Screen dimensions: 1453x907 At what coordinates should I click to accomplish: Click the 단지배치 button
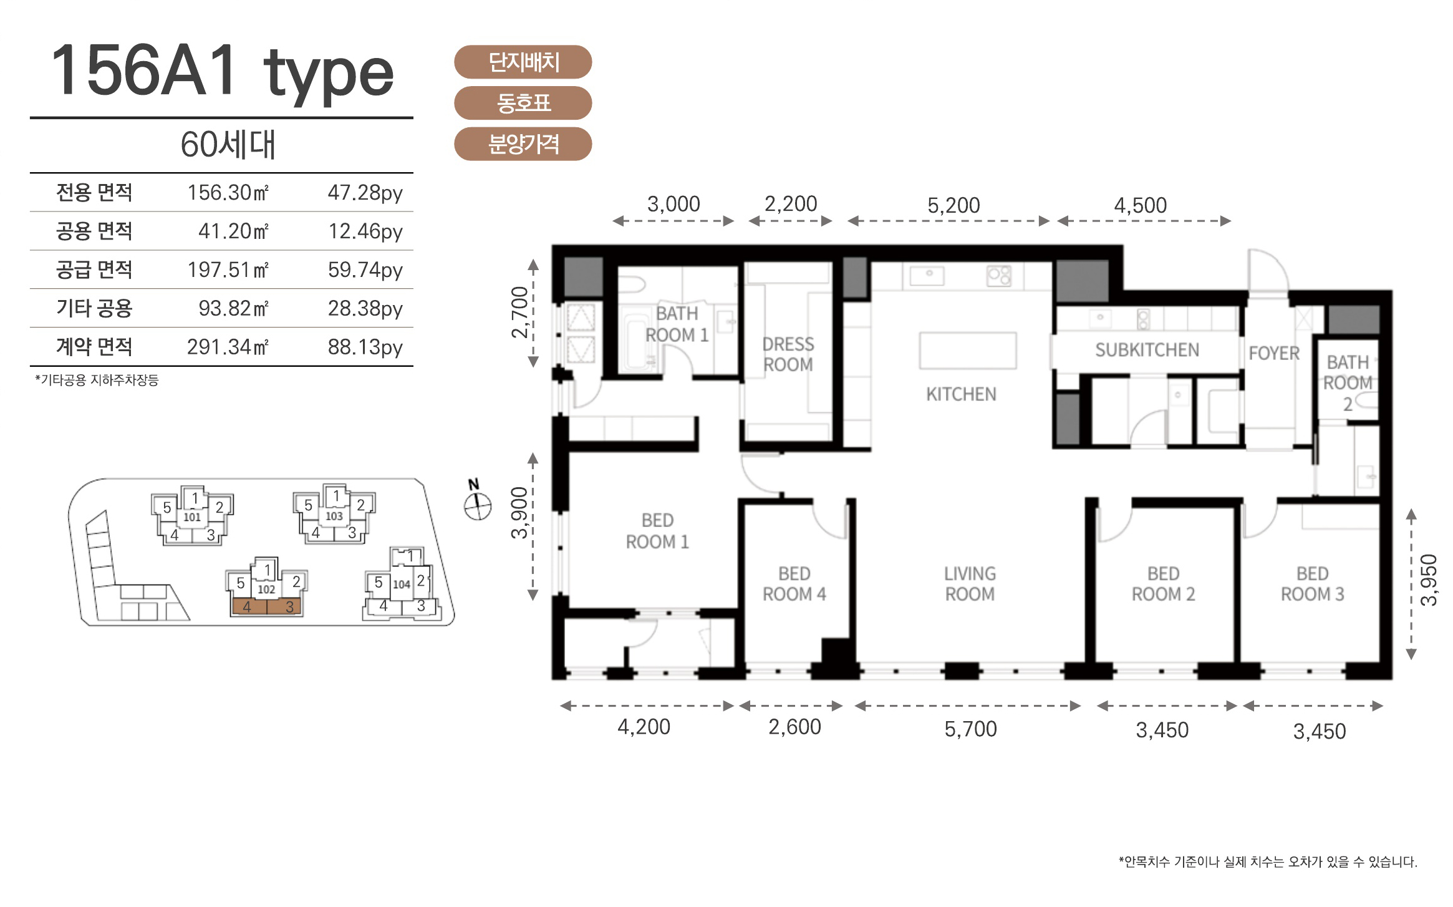click(523, 62)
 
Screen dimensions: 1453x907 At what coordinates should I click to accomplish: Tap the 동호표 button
click(523, 103)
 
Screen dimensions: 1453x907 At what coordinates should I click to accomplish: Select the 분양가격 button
click(523, 144)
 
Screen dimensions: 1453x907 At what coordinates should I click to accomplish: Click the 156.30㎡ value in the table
click(228, 193)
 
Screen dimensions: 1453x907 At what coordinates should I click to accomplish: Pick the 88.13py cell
click(365, 347)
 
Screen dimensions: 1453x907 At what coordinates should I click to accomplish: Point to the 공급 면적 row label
click(94, 269)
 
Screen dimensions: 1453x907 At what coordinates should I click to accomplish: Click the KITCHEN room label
click(961, 394)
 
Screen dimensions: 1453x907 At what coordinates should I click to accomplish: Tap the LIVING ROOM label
click(970, 584)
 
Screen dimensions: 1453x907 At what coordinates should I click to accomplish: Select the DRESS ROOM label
click(788, 354)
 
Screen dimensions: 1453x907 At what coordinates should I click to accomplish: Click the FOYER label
click(1274, 354)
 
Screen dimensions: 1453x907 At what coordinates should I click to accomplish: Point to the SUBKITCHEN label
click(1147, 351)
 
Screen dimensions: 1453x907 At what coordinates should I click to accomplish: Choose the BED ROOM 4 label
click(794, 584)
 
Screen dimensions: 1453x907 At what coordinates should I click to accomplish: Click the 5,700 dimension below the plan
click(970, 729)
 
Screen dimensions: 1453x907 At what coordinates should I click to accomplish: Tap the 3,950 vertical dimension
click(1428, 580)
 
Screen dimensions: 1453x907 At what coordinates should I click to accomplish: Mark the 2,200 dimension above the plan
click(791, 204)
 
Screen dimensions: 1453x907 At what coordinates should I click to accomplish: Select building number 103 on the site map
click(334, 516)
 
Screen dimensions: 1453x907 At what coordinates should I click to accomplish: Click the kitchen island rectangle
click(968, 351)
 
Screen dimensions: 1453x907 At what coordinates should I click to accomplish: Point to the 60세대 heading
click(228, 145)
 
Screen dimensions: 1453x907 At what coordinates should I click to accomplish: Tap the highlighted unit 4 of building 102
click(249, 606)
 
